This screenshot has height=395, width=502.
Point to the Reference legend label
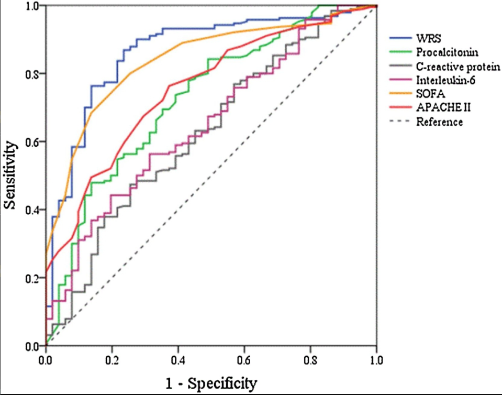click(439, 122)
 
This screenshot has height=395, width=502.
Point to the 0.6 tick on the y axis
click(32, 142)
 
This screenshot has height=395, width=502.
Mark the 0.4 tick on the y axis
click(32, 210)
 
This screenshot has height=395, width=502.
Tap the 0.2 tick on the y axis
click(32, 278)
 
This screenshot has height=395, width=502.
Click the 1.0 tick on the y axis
click(32, 6)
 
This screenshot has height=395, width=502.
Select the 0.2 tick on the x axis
click(111, 360)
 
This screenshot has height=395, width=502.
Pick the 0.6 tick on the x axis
click(244, 360)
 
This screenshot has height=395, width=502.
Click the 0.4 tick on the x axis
click(178, 360)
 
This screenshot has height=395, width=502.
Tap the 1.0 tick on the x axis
click(376, 360)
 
